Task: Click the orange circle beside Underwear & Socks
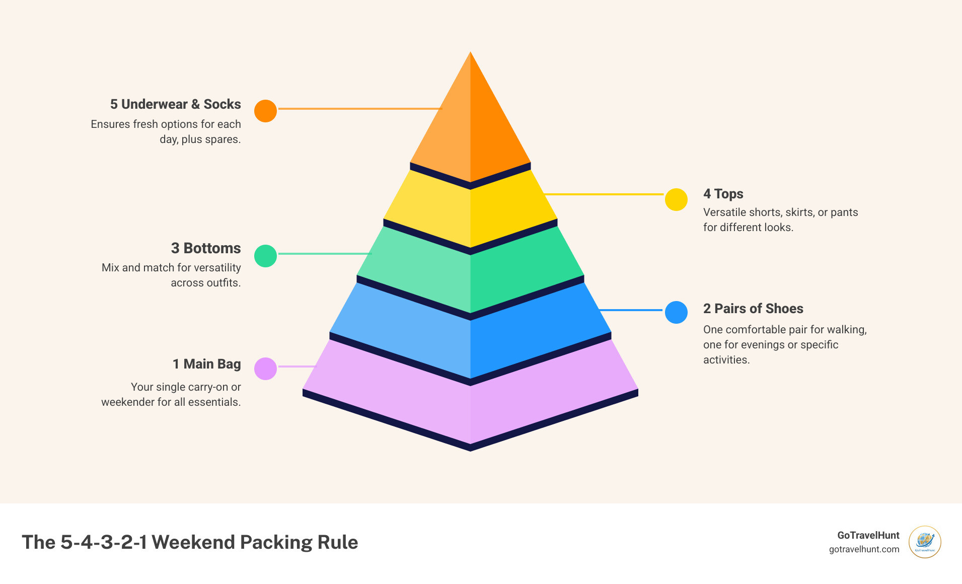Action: click(x=265, y=111)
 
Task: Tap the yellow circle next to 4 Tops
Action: click(x=676, y=200)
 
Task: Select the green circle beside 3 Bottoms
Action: click(x=265, y=256)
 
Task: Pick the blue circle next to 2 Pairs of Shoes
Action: click(x=676, y=312)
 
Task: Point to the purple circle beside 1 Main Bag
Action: click(x=265, y=369)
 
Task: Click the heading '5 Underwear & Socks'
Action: click(x=175, y=104)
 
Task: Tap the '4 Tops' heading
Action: click(x=723, y=194)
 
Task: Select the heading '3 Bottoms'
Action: click(x=205, y=248)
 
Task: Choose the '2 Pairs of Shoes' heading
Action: click(x=753, y=309)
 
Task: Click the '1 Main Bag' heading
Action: click(x=206, y=364)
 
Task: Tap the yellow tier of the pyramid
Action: click(x=470, y=211)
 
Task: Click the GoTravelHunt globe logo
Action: click(x=925, y=542)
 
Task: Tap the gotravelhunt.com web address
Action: click(x=864, y=549)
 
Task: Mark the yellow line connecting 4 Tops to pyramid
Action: click(x=604, y=194)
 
